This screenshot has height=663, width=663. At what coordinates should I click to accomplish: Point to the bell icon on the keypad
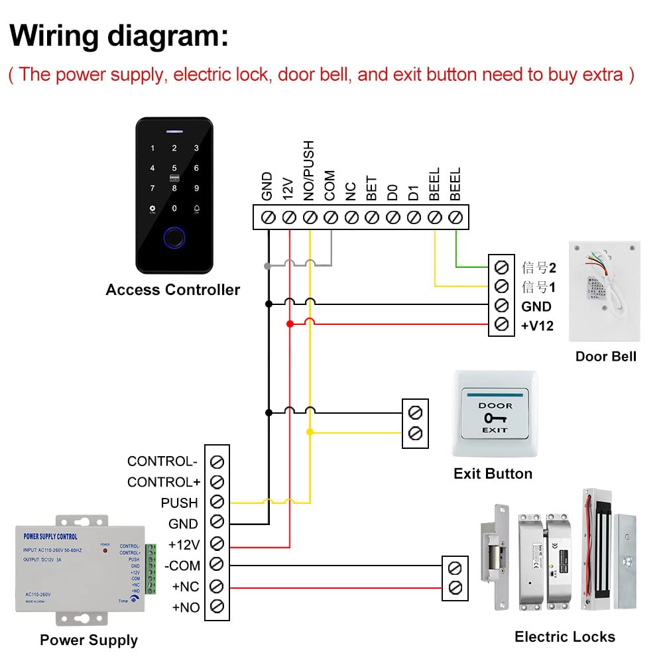[197, 209]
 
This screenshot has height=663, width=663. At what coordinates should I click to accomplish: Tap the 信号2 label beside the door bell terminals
[538, 268]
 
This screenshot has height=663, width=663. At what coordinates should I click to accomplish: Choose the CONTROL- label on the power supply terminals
[162, 461]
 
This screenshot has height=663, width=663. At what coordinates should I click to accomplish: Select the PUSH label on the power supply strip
[179, 503]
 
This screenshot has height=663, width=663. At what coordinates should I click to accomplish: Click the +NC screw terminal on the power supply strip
[217, 586]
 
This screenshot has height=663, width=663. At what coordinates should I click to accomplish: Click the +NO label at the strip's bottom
[186, 607]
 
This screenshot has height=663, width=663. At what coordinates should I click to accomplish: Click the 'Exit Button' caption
[493, 473]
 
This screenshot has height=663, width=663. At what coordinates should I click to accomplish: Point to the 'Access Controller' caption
[172, 290]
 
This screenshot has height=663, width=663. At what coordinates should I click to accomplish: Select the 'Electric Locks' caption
[565, 637]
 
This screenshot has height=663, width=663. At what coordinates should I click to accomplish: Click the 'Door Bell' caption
[605, 356]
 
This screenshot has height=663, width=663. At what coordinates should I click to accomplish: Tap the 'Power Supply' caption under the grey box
[89, 640]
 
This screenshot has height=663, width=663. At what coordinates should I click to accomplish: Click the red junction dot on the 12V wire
[290, 324]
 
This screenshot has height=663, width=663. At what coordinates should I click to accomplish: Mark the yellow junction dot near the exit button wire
[310, 432]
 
